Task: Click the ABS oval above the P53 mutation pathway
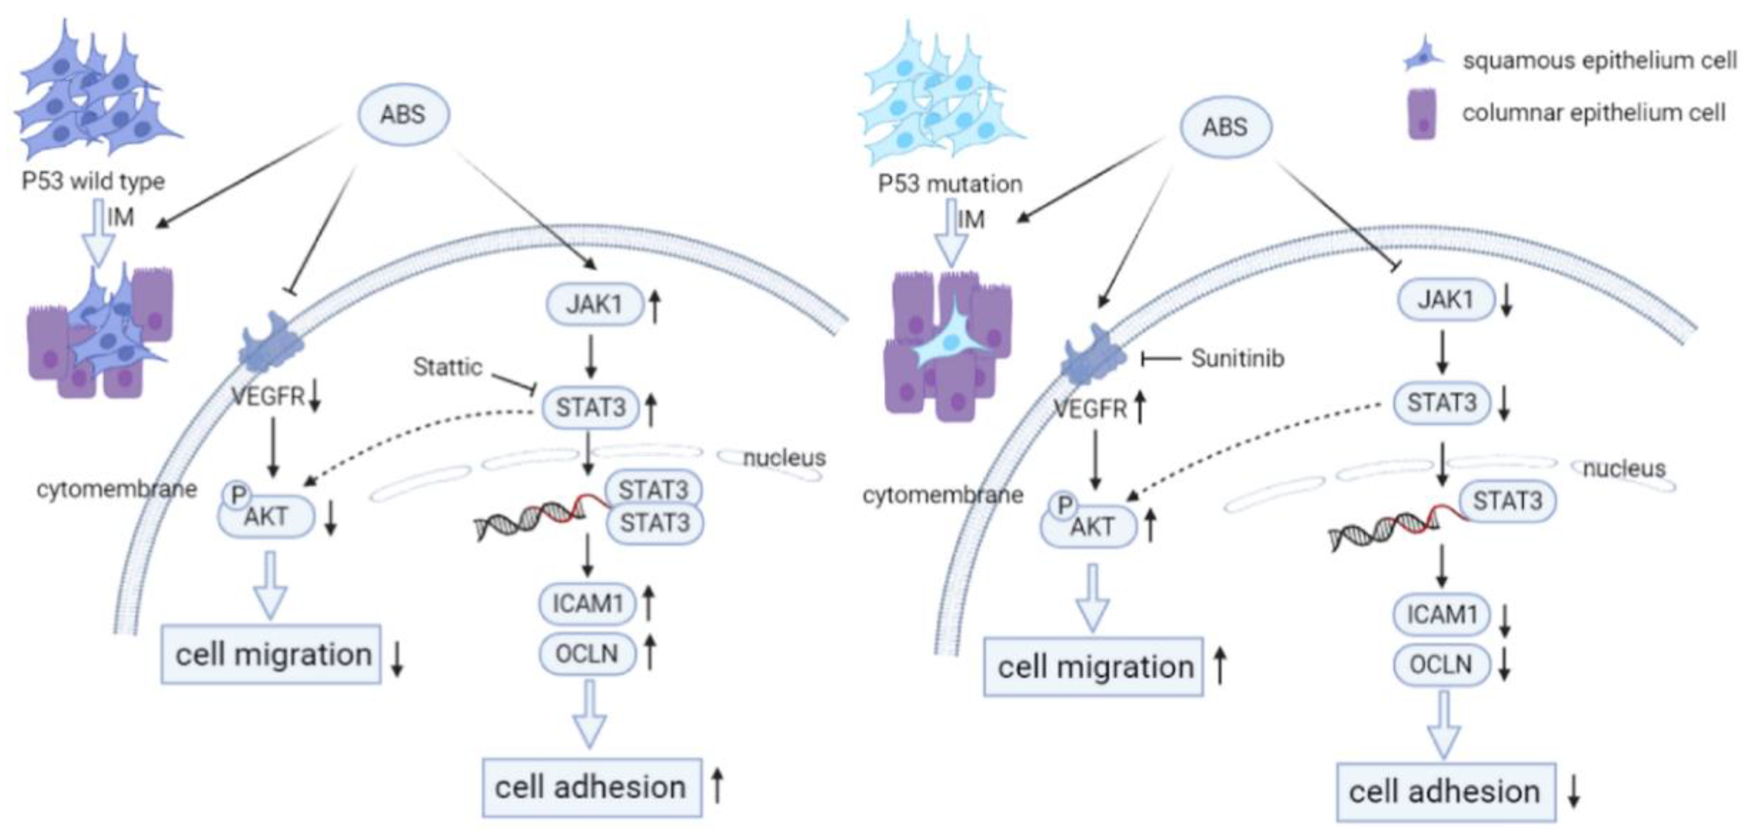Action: pyautogui.click(x=1225, y=127)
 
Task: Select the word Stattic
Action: pyautogui.click(x=448, y=367)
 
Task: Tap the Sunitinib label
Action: pyautogui.click(x=1237, y=358)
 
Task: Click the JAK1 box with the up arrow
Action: pyautogui.click(x=594, y=304)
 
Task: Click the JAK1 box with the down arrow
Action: pyautogui.click(x=1445, y=300)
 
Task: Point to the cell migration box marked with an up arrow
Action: pyautogui.click(x=1094, y=667)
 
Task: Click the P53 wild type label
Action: pyautogui.click(x=93, y=182)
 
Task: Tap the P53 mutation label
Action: pyautogui.click(x=949, y=184)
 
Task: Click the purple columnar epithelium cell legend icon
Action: pyautogui.click(x=1422, y=114)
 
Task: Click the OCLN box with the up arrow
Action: pyautogui.click(x=587, y=653)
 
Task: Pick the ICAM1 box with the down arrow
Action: pyautogui.click(x=1441, y=615)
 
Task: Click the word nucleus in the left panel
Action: pyautogui.click(x=784, y=458)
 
